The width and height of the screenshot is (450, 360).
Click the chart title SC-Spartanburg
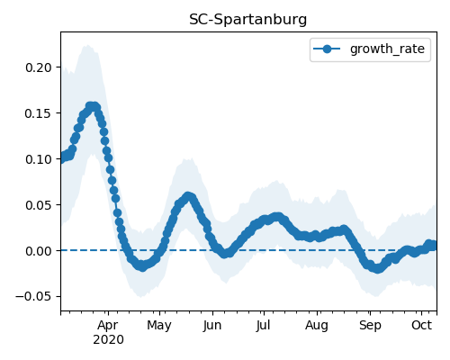point(248,20)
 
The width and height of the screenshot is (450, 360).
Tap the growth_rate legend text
point(387,49)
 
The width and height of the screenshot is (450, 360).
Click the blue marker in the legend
point(327,49)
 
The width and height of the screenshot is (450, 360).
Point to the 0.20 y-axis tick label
point(39,67)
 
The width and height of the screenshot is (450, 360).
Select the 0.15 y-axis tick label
point(39,113)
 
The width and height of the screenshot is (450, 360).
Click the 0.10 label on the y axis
point(39,159)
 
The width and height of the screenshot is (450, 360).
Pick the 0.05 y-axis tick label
point(39,205)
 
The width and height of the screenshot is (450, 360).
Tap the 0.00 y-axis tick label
point(39,251)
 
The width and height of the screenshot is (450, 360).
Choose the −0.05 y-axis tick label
point(34,296)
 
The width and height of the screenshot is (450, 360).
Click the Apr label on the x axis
point(108,326)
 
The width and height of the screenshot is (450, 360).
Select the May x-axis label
point(159,326)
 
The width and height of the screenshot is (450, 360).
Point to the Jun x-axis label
point(212,325)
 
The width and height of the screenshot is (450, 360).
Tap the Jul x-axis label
point(264,325)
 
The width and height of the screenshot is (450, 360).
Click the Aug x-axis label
point(317,326)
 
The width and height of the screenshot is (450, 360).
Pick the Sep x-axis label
point(370,326)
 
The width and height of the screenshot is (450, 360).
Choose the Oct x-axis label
point(421,325)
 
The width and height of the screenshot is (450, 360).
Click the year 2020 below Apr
point(108,340)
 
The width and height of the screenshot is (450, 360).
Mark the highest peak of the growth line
point(93,106)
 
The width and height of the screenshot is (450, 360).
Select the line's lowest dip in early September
point(377,268)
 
